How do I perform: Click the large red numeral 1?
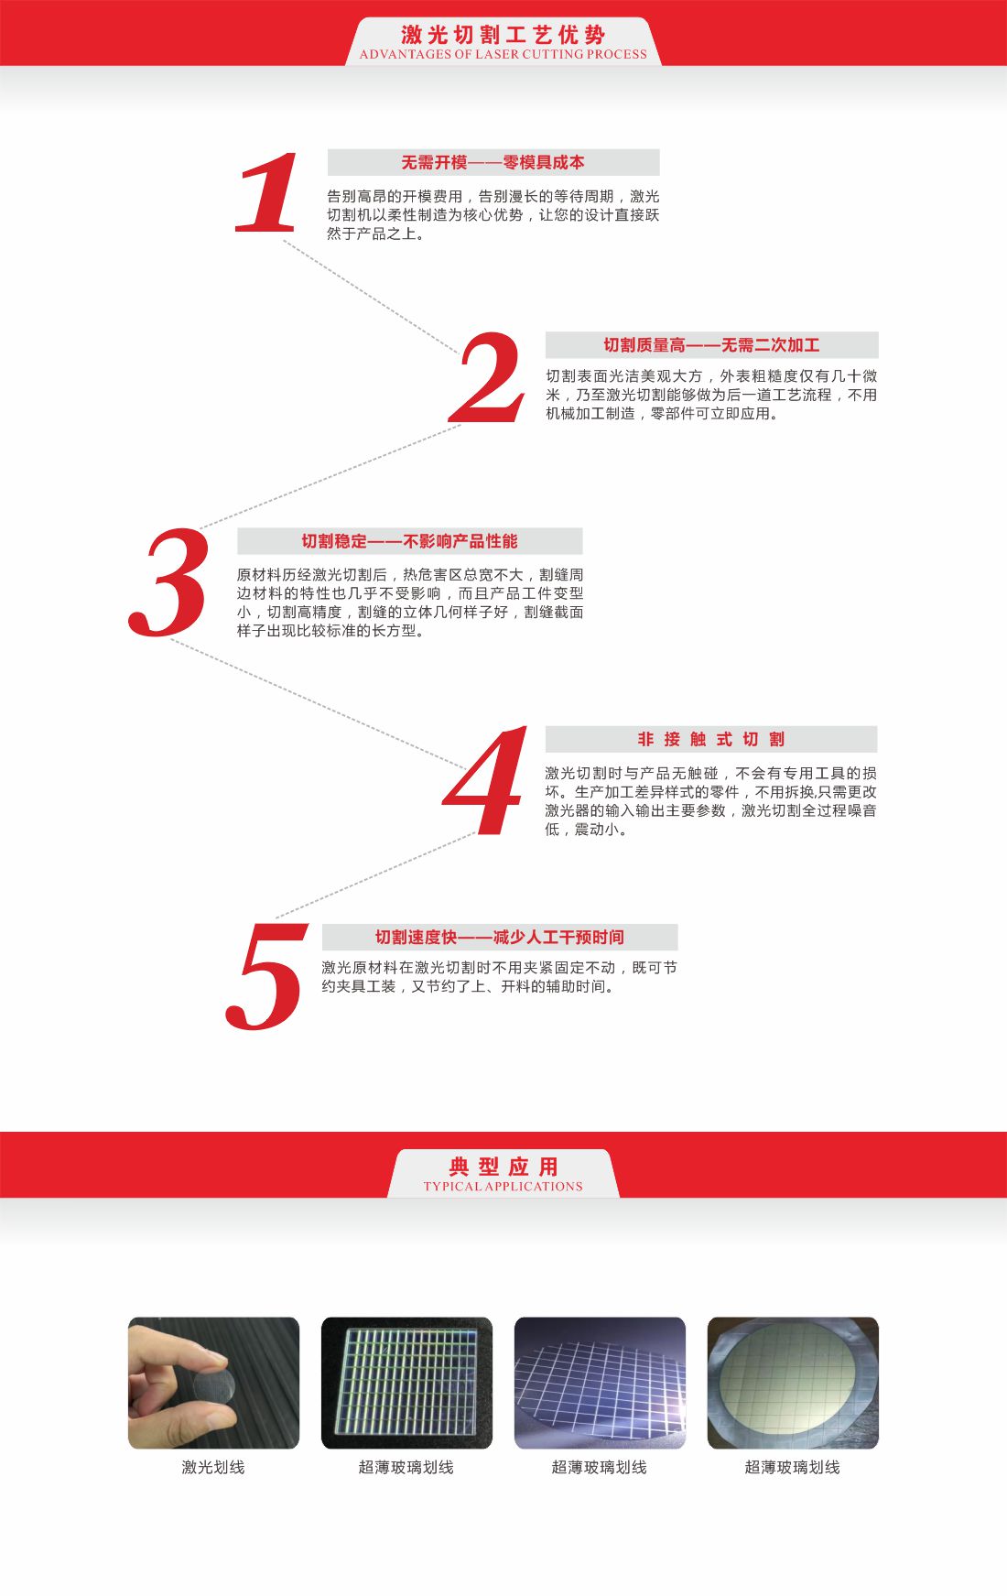click(268, 192)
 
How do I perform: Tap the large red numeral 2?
click(488, 377)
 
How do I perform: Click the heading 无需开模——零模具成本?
click(493, 162)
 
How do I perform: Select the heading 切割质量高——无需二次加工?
click(711, 345)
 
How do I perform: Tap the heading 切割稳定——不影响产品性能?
click(409, 541)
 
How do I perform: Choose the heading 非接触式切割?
click(710, 739)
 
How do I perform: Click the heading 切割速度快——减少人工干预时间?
click(499, 937)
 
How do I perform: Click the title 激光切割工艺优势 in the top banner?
click(503, 35)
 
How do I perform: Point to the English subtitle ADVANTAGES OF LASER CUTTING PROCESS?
click(503, 55)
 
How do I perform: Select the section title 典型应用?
click(503, 1166)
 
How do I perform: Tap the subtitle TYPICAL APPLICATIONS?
click(503, 1187)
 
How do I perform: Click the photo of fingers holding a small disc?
click(213, 1383)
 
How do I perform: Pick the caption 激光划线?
click(213, 1467)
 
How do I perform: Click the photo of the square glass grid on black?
click(406, 1383)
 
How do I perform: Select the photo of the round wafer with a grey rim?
click(793, 1383)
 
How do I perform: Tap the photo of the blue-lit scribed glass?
click(600, 1383)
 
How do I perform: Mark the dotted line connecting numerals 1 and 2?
click(371, 297)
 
